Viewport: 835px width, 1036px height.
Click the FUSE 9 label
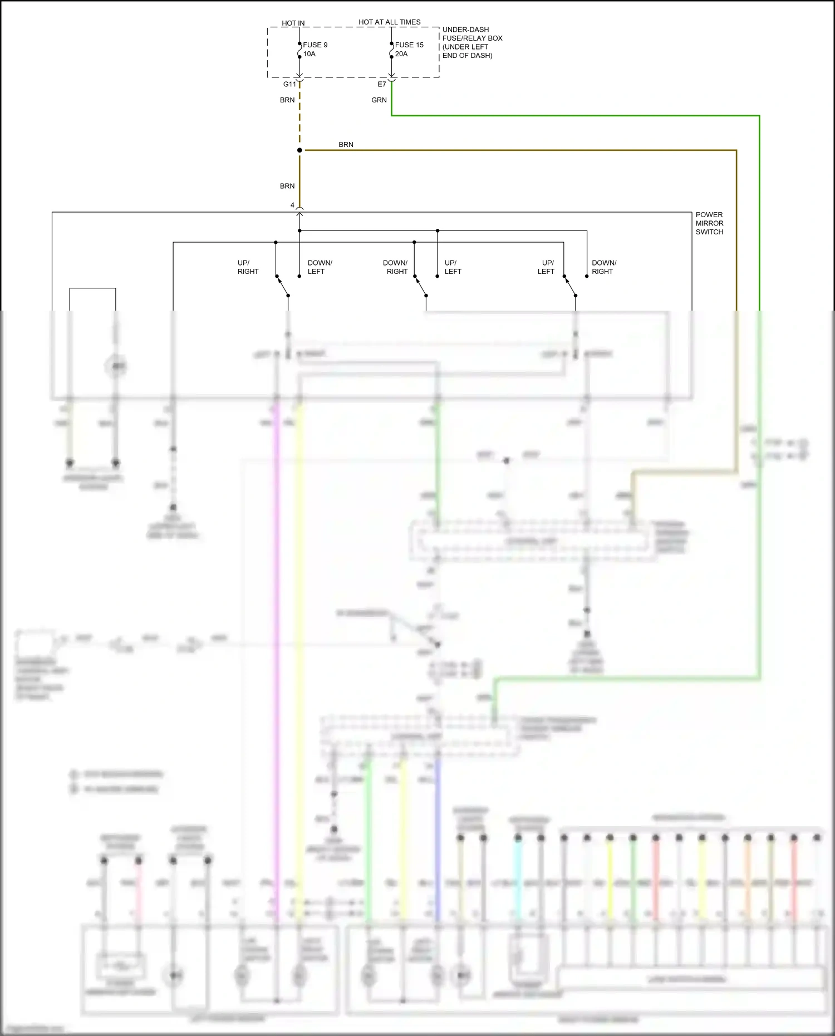point(315,45)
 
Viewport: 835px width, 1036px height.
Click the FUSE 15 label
point(409,45)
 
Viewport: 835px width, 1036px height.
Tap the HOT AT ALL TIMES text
point(389,22)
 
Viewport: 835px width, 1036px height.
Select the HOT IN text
point(293,23)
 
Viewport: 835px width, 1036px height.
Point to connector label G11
point(289,85)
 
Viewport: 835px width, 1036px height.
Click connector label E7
point(381,85)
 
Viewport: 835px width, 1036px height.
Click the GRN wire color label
point(379,100)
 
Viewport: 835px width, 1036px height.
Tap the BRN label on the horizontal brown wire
point(346,145)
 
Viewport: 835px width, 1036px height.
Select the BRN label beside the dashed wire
point(287,100)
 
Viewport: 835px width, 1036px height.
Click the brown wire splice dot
point(299,150)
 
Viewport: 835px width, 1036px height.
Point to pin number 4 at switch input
point(292,205)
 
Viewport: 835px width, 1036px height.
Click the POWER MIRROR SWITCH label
point(709,223)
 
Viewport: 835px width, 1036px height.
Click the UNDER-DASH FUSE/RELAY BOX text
point(472,42)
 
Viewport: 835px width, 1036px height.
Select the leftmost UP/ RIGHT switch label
point(248,267)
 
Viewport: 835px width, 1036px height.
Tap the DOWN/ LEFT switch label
point(320,267)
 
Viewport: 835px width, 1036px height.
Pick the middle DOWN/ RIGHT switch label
point(395,267)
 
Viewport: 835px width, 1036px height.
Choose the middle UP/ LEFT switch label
point(453,267)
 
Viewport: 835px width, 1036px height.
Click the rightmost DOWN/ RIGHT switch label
point(603,267)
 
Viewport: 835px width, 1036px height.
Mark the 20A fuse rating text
point(401,54)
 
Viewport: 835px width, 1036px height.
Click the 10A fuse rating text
point(309,54)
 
